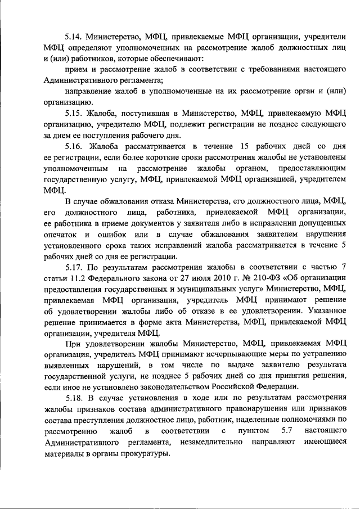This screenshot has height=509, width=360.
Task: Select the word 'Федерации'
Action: [269, 386]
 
